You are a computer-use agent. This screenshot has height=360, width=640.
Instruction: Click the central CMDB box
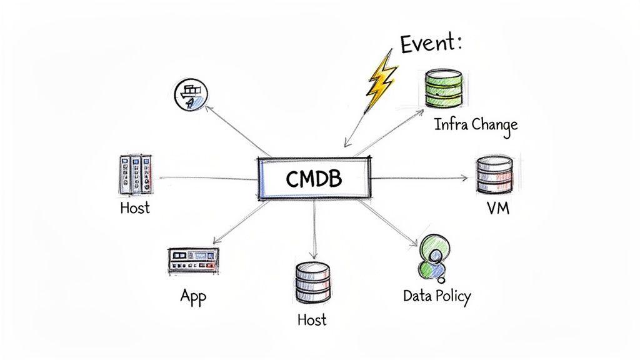pyautogui.click(x=314, y=179)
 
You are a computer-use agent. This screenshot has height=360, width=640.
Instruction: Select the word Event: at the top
pyautogui.click(x=430, y=44)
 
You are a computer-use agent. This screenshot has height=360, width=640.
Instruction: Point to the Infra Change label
pyautogui.click(x=476, y=124)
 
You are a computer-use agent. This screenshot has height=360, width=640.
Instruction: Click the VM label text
pyautogui.click(x=497, y=208)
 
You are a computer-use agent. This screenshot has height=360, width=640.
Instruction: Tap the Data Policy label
pyautogui.click(x=436, y=296)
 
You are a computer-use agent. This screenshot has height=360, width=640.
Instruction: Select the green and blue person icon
pyautogui.click(x=431, y=257)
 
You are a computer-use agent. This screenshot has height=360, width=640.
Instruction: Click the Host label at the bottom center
pyautogui.click(x=311, y=319)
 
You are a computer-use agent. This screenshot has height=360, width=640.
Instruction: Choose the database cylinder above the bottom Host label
pyautogui.click(x=310, y=283)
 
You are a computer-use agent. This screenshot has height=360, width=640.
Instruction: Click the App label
pyautogui.click(x=193, y=296)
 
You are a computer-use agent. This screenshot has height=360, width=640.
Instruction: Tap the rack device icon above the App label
pyautogui.click(x=194, y=260)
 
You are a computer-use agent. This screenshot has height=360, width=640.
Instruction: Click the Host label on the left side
pyautogui.click(x=135, y=207)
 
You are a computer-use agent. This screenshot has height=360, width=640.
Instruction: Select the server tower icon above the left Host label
pyautogui.click(x=135, y=174)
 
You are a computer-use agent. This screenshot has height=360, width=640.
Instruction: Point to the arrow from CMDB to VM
pyautogui.click(x=419, y=178)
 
